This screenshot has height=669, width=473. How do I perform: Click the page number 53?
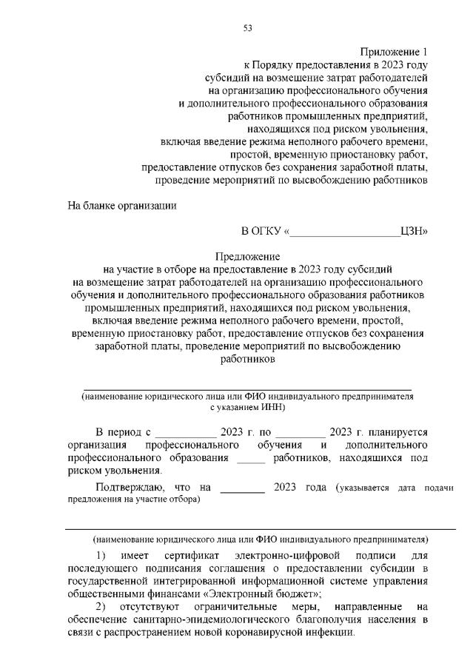(247, 29)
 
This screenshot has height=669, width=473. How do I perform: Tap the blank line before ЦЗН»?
(345, 232)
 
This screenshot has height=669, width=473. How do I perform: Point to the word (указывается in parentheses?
(361, 488)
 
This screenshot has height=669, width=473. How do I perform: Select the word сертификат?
(195, 554)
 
